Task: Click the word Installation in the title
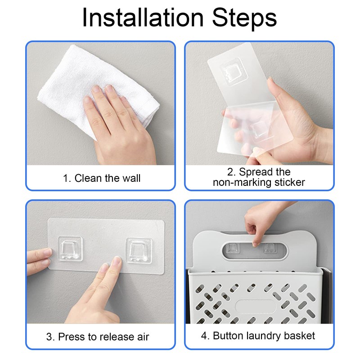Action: point(143,18)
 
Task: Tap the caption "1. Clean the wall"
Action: point(102,178)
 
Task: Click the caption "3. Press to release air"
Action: point(98,337)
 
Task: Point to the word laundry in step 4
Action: point(264,336)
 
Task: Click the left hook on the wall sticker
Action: point(70,249)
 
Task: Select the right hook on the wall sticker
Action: point(139,251)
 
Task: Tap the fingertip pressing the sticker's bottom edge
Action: point(117,261)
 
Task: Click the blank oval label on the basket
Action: point(256,306)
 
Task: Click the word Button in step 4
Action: point(228,336)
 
